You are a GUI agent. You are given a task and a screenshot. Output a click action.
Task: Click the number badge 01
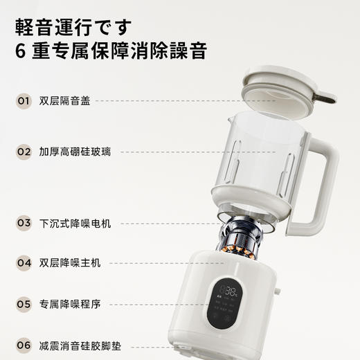tap(24, 101)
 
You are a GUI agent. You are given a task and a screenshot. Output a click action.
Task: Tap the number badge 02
tap(24, 151)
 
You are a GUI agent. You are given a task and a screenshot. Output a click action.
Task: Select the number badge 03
tap(24, 223)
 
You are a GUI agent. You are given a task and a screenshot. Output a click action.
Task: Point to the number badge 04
tap(24, 263)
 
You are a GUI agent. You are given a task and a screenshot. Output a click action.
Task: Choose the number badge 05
tap(24, 303)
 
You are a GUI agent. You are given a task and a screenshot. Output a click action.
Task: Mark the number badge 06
tap(24, 344)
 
